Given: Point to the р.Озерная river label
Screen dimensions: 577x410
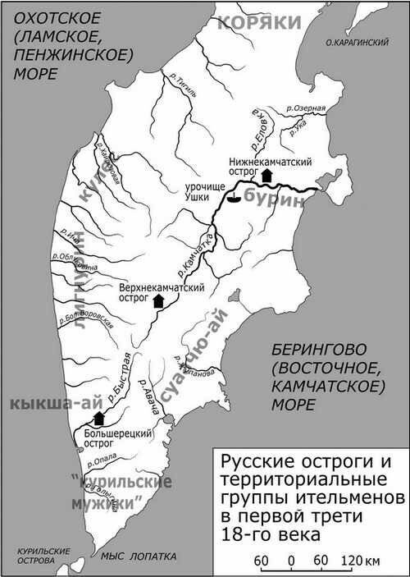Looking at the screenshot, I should point(306,108).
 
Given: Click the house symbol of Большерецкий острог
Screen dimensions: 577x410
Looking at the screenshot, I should point(99,419).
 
